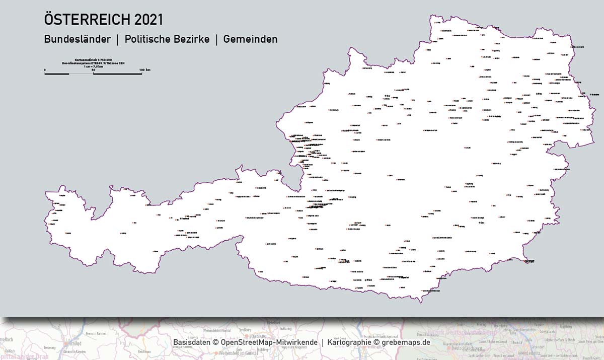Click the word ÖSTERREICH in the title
[87, 20]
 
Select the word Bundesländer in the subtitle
[77, 39]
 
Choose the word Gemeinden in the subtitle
[250, 39]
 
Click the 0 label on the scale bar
[45, 69]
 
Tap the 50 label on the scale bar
[93, 69]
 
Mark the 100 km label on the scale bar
[144, 69]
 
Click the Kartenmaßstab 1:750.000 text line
[93, 59]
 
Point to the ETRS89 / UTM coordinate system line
[93, 63]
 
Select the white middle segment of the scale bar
[81, 74]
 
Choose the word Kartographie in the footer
[349, 342]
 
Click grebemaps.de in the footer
[406, 342]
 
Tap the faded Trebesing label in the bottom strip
[49, 347]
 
